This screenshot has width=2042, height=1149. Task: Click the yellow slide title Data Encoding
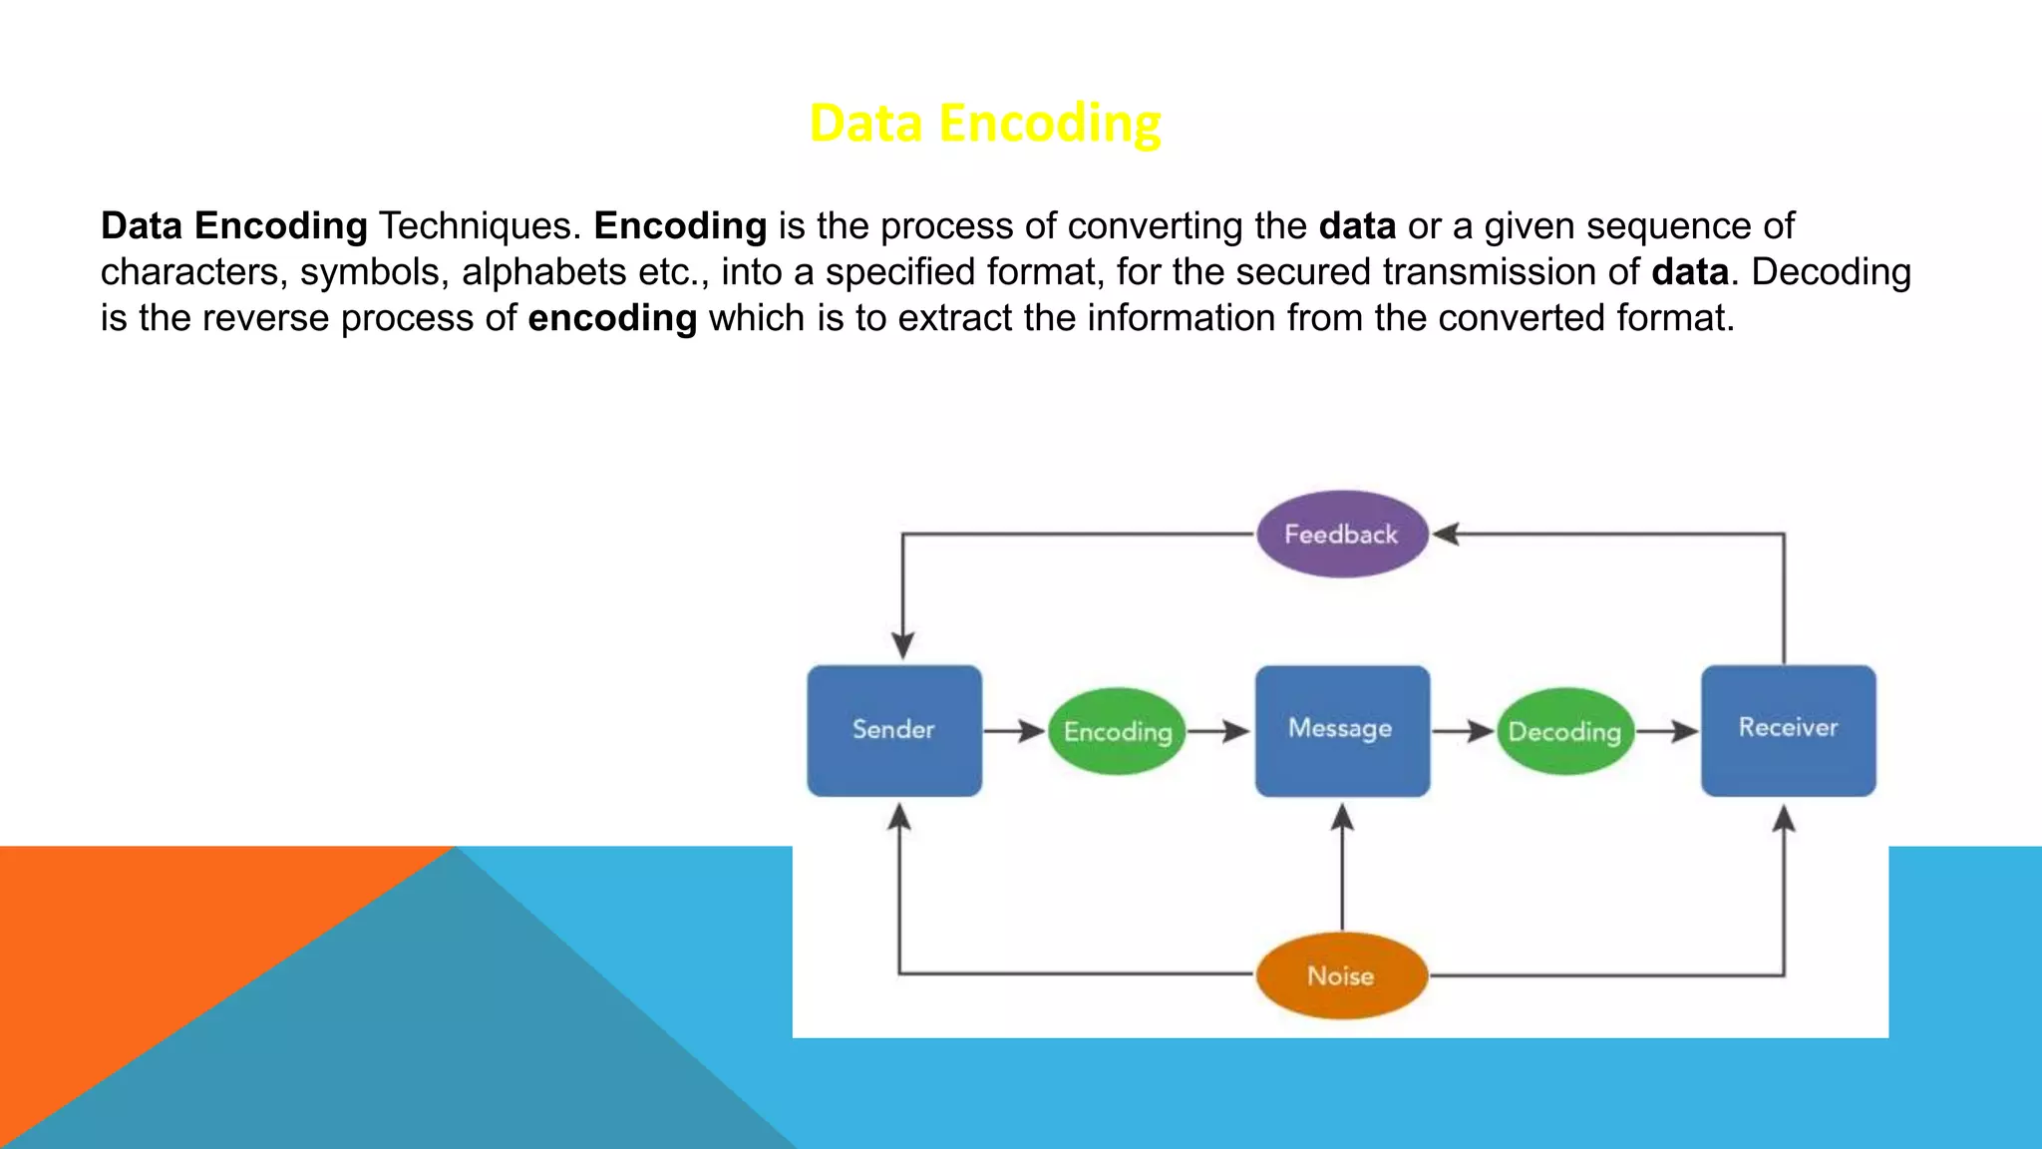click(x=984, y=124)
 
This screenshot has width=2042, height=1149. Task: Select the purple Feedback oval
click(x=1341, y=534)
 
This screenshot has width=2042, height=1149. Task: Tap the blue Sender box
click(x=894, y=730)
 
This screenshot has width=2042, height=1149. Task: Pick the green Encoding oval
click(x=1117, y=731)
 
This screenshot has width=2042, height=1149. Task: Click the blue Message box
click(x=1341, y=730)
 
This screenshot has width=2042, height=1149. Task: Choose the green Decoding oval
click(x=1564, y=731)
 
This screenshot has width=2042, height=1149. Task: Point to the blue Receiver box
click(x=1788, y=730)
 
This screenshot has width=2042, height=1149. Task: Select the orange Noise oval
click(x=1341, y=975)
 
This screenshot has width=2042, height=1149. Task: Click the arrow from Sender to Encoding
click(x=1014, y=731)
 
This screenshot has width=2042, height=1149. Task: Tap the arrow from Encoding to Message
click(x=1218, y=731)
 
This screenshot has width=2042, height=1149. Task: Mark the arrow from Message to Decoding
click(x=1463, y=731)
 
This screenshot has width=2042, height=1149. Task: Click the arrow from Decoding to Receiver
click(x=1667, y=731)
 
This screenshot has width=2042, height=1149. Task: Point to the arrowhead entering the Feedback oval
click(x=1446, y=534)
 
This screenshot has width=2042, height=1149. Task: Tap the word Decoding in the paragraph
click(x=1831, y=272)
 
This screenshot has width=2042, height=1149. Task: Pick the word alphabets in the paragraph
click(x=543, y=272)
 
